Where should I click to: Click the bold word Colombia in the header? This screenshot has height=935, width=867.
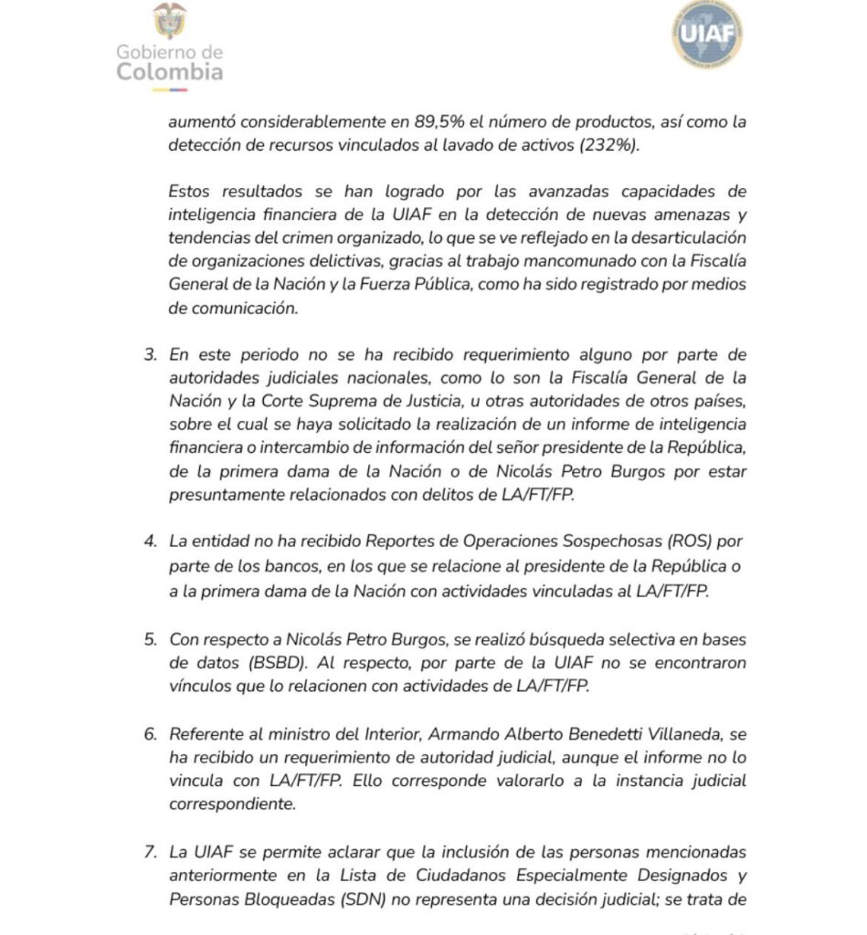(170, 72)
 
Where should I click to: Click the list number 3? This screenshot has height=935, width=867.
(150, 354)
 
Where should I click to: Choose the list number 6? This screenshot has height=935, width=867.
(150, 734)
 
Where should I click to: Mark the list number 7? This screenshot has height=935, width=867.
(150, 852)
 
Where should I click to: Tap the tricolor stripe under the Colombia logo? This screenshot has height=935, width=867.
(170, 89)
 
